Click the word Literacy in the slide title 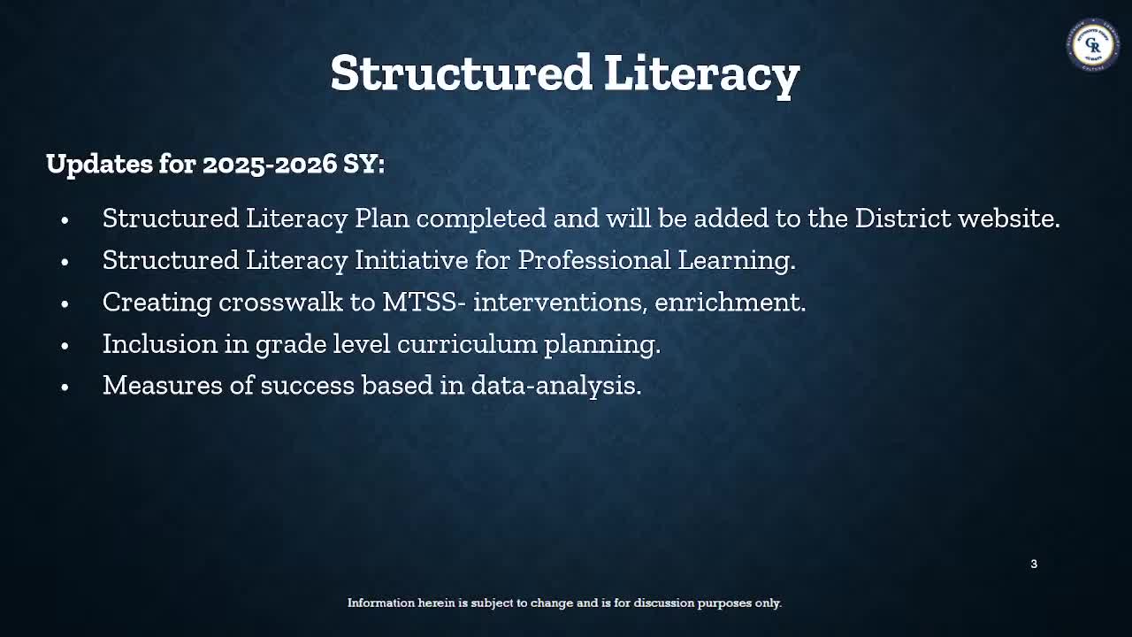[x=701, y=73]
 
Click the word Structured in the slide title [x=461, y=73]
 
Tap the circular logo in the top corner [x=1093, y=43]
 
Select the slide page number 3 [x=1034, y=564]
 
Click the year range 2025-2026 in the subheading [x=270, y=164]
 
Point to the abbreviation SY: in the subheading [x=364, y=164]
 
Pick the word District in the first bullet [x=903, y=219]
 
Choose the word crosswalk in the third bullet [x=280, y=302]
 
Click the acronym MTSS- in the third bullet [x=424, y=302]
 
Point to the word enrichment [x=730, y=302]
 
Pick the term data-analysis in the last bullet [x=555, y=385]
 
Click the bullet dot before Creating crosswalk [x=65, y=303]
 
